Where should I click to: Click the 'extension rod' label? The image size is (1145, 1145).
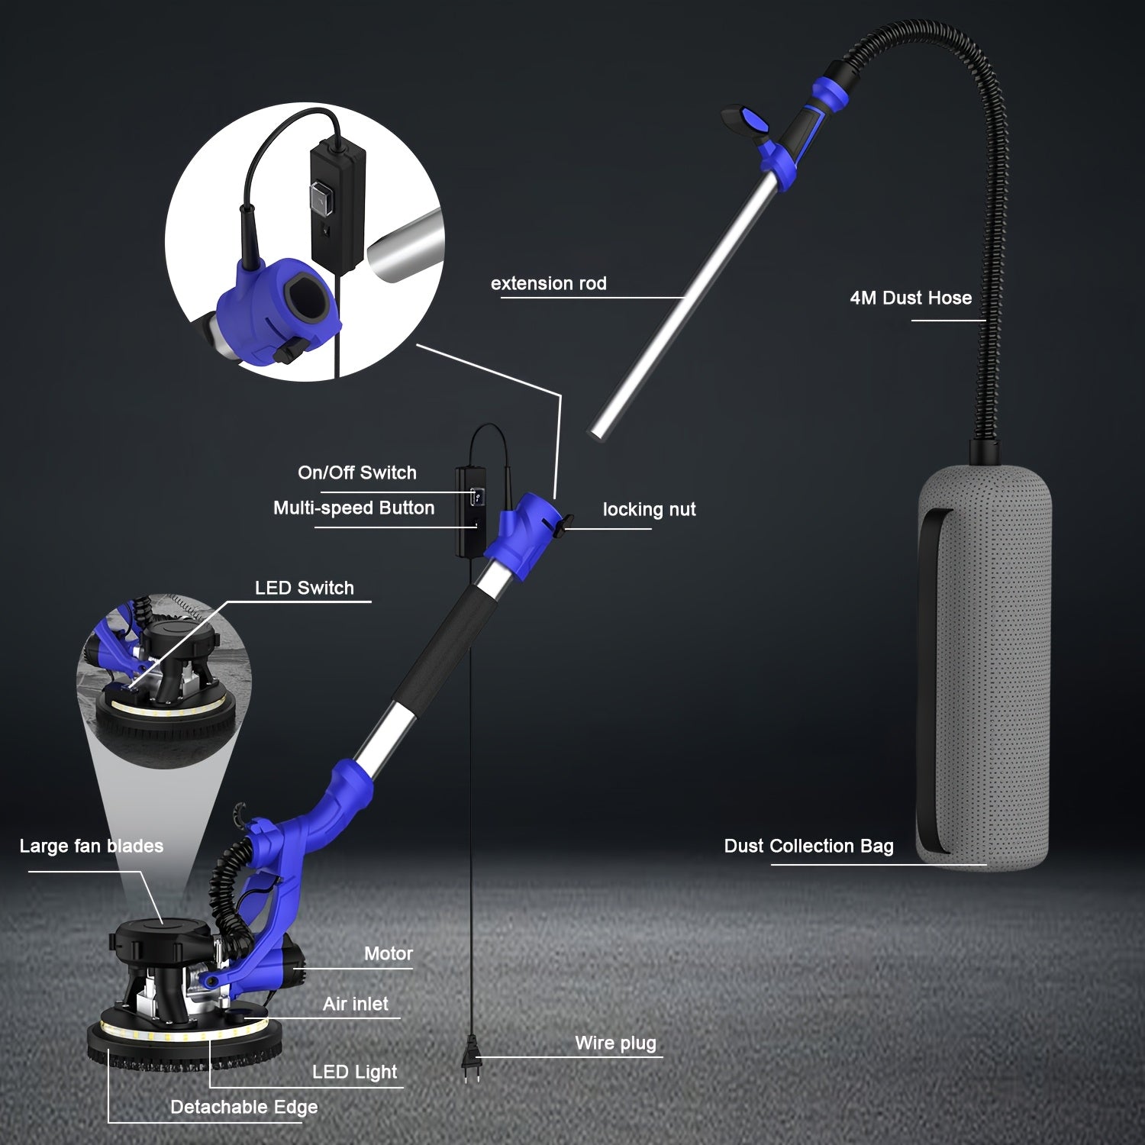[548, 283]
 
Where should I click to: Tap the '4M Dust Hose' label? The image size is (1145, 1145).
[911, 298]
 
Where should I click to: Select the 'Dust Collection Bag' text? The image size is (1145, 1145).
[808, 846]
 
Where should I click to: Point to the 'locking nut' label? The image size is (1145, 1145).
[649, 509]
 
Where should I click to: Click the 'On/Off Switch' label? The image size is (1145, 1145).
[357, 473]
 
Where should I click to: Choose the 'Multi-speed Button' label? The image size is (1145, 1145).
[353, 508]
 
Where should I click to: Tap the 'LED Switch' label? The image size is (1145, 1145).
[304, 588]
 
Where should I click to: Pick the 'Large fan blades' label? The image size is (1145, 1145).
[91, 846]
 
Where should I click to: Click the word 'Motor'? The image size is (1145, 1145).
[388, 953]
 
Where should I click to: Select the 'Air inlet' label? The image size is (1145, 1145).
[355, 1004]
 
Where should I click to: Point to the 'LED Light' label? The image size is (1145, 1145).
[354, 1072]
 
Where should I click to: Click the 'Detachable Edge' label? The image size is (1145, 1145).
[244, 1107]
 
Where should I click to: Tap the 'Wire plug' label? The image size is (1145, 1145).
[615, 1043]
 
